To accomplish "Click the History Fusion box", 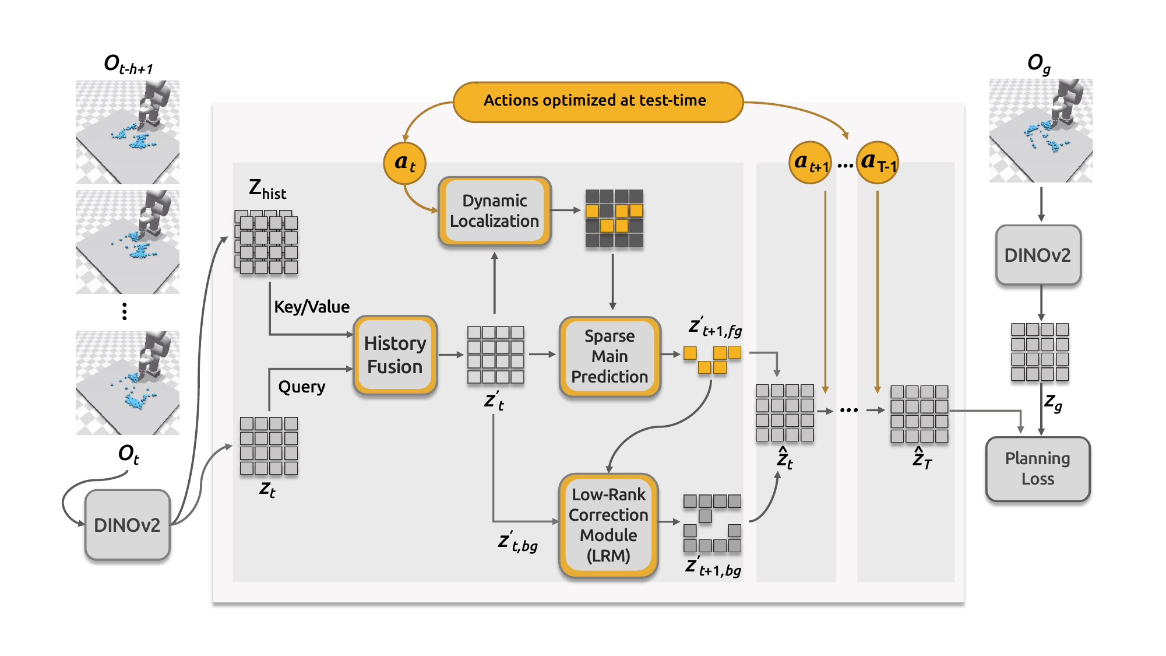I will tap(395, 355).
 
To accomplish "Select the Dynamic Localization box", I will tap(494, 211).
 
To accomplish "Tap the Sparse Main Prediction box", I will tap(610, 356).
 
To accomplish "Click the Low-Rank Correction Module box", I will tap(608, 525).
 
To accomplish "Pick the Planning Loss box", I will tap(1038, 469).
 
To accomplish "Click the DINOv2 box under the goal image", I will tap(1038, 255).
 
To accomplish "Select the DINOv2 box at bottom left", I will tap(127, 525).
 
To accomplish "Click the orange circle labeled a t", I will tap(404, 163).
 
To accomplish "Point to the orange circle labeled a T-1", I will tap(878, 163).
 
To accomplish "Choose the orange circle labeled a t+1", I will tap(810, 163).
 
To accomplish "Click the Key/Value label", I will tap(312, 307).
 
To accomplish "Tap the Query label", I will tap(301, 387).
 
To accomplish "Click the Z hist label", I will tap(267, 189).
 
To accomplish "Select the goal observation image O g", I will tap(1041, 131).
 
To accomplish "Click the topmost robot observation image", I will tap(128, 132).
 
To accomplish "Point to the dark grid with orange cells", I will tap(614, 218).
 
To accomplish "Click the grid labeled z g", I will tap(1040, 352).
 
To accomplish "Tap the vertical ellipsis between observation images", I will tap(124, 311).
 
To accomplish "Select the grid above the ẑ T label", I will tap(919, 414).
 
